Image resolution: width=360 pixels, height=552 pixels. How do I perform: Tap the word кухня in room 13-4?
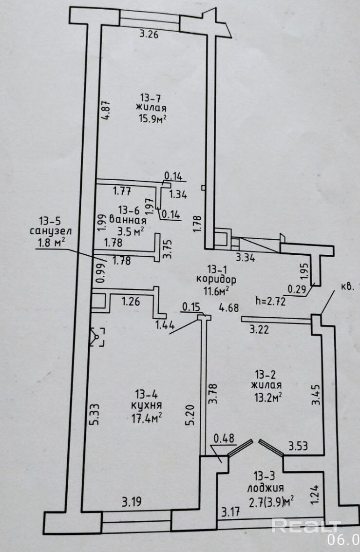click(147, 405)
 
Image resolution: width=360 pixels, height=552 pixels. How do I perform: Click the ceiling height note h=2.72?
click(271, 301)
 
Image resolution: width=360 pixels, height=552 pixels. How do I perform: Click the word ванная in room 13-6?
click(128, 220)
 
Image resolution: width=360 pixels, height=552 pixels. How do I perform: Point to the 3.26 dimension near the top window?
click(149, 34)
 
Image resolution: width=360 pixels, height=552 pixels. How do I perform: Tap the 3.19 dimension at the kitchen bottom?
click(130, 501)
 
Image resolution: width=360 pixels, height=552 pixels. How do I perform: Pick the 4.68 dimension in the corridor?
click(228, 308)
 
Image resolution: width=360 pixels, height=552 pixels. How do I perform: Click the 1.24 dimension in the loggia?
click(314, 495)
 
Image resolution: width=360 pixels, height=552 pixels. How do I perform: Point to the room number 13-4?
click(146, 394)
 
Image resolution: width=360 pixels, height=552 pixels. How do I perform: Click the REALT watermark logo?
click(305, 526)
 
